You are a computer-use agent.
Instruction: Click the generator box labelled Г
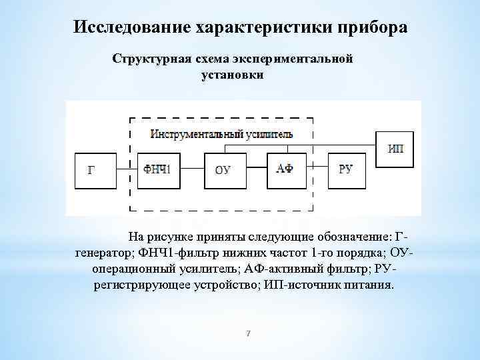tap(92, 169)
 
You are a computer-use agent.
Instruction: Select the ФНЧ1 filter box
tap(157, 169)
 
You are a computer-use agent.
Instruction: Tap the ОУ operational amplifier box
tap(223, 169)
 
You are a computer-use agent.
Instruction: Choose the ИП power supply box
tap(395, 148)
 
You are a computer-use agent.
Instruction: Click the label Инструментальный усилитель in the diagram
tap(221, 134)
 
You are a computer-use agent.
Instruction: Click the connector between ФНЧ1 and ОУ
tap(190, 169)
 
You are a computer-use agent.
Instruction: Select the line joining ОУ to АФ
tap(255, 169)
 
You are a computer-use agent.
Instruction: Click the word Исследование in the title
tap(133, 28)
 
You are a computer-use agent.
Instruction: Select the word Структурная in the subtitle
tap(151, 59)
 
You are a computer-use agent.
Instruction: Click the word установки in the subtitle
tap(232, 74)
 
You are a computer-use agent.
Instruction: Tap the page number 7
tap(247, 333)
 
